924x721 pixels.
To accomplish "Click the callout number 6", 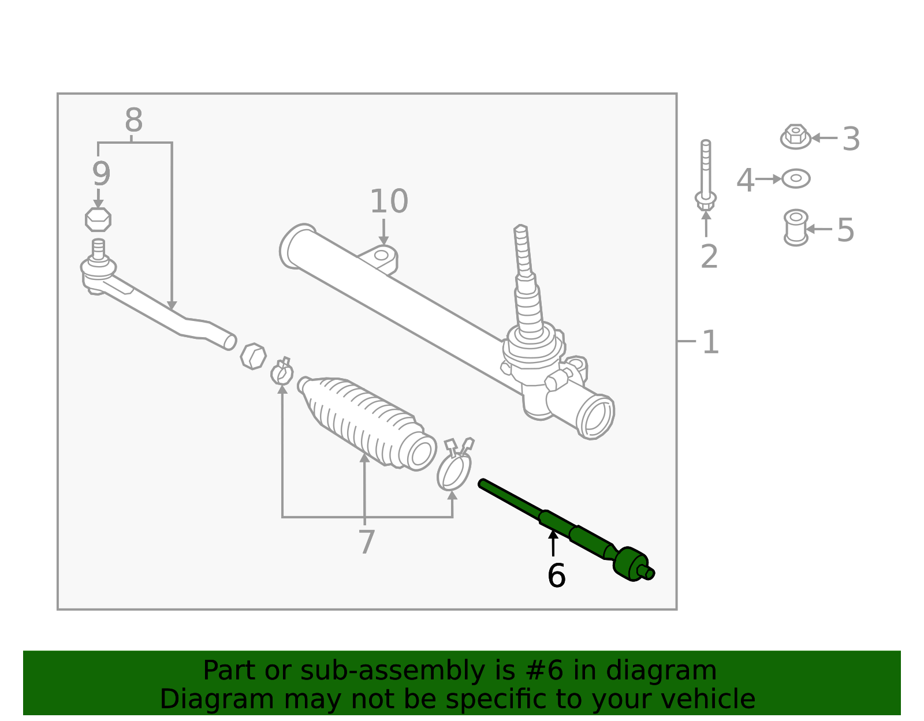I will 556,576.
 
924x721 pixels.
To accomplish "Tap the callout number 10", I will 389,202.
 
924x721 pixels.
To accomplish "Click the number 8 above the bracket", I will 133,121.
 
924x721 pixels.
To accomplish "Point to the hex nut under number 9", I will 98,220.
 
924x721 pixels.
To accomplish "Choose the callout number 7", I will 366,543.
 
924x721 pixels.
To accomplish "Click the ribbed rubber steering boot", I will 367,421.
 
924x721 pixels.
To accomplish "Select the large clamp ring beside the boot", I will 454,470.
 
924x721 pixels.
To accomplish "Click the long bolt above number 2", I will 706,173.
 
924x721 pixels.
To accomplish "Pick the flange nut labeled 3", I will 796,137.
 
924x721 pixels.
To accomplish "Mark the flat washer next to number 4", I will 796,179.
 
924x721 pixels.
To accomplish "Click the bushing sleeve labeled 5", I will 796,227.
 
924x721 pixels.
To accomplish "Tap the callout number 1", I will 710,342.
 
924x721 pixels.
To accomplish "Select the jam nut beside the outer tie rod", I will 253,356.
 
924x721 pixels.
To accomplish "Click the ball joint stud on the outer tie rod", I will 98,252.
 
